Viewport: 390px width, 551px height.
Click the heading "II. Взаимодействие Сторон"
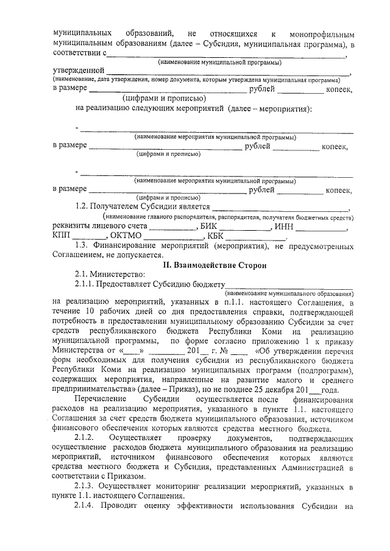tap(214, 265)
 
